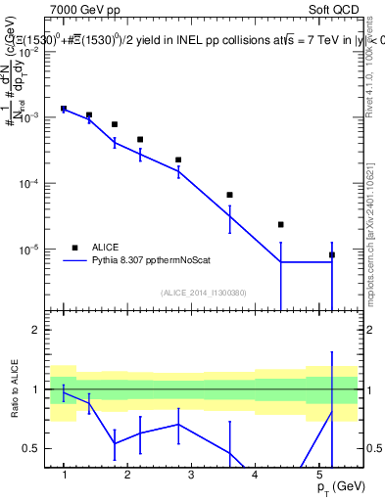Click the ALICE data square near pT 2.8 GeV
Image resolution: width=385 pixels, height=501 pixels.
(178, 159)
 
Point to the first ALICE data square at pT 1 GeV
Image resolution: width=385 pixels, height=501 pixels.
(64, 109)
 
